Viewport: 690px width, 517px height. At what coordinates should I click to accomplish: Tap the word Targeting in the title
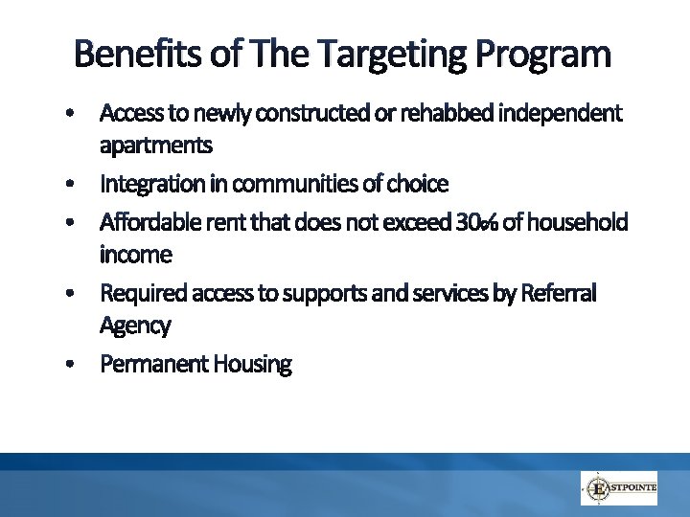[368, 55]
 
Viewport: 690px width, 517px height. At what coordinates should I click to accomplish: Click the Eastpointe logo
[619, 488]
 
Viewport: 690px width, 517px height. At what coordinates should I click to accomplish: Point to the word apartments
[156, 146]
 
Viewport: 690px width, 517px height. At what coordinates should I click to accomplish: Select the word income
[136, 255]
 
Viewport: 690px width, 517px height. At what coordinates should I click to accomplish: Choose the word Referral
[559, 293]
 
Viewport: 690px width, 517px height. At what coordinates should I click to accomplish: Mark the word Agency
[135, 326]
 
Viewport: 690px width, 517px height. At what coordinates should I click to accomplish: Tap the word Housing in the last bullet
[253, 364]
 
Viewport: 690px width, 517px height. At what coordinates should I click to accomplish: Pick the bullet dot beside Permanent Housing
[71, 365]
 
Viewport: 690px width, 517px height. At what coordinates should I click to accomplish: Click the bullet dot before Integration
[71, 183]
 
